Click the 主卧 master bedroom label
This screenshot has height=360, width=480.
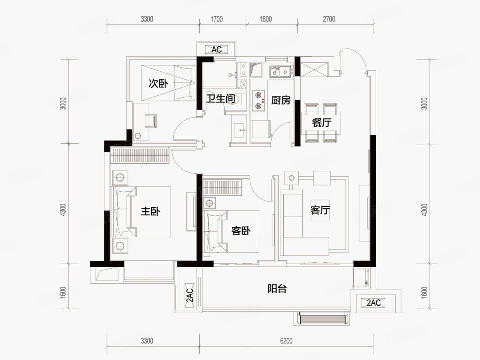(x=150, y=211)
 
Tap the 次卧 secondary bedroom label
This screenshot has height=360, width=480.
(x=158, y=83)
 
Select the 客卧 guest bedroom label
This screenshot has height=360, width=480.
(x=241, y=230)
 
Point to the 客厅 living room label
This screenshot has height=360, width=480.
(x=320, y=210)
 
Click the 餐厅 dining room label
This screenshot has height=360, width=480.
(x=321, y=123)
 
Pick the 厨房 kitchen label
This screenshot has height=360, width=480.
(x=280, y=100)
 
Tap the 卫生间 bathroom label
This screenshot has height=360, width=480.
(x=221, y=99)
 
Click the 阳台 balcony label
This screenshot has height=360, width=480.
(x=277, y=288)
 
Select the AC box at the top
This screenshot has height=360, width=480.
(x=216, y=49)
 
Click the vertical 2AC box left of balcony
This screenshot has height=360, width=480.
(x=190, y=295)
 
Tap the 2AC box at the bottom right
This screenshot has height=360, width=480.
(x=374, y=303)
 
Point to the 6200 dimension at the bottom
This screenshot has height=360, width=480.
(x=286, y=340)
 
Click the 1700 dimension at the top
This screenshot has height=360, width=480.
(x=216, y=19)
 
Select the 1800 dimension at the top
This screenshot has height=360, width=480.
(x=265, y=19)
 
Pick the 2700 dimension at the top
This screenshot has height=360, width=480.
(x=329, y=19)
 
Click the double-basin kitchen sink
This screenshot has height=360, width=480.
(x=280, y=72)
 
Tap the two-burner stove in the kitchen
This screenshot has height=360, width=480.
(x=258, y=100)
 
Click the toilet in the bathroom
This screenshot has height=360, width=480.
(x=240, y=99)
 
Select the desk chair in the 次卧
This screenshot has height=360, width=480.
(x=150, y=121)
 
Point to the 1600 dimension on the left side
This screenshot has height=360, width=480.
(x=63, y=293)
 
